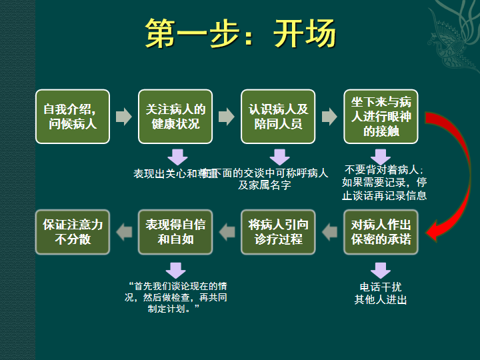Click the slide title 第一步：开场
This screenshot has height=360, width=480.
[x=240, y=34]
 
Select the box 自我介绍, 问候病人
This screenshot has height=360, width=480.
[x=73, y=117]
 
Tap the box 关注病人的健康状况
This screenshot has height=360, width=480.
[x=175, y=117]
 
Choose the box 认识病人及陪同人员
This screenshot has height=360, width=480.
[x=278, y=117]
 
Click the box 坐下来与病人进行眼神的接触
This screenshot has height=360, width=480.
[x=381, y=117]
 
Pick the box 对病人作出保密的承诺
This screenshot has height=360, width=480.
[x=381, y=232]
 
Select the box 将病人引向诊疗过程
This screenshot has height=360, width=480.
[x=278, y=232]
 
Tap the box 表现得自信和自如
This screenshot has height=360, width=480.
[x=175, y=232]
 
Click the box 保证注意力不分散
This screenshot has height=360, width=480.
[x=73, y=232]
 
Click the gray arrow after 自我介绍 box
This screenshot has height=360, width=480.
[x=123, y=117]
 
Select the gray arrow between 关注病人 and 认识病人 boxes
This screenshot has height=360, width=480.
[x=227, y=117]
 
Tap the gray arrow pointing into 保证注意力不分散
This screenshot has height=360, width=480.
[x=123, y=232]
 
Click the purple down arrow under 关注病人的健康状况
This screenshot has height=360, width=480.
[x=177, y=157]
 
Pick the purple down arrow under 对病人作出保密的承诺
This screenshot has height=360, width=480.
[x=381, y=270]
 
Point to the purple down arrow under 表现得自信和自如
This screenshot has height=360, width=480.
[x=176, y=270]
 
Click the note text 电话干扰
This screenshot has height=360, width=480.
[x=381, y=287]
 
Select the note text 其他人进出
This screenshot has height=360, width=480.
[x=381, y=300]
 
